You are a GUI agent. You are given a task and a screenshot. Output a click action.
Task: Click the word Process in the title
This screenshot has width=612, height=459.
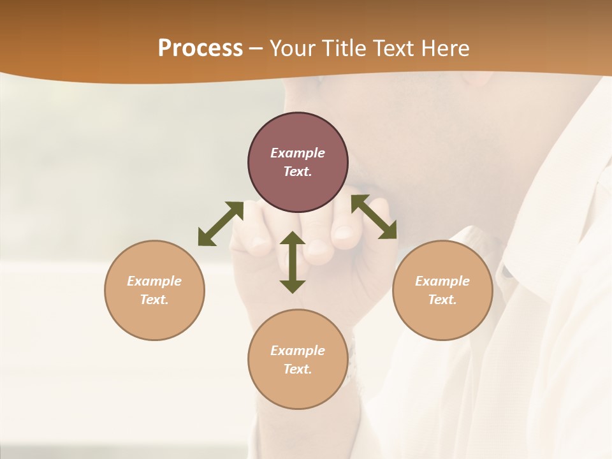200,48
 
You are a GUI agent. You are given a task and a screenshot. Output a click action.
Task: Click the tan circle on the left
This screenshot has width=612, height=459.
154,312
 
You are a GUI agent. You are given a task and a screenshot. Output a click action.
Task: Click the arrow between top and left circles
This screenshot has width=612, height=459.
221,224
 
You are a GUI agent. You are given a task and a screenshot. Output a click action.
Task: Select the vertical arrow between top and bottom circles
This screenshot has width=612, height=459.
293,262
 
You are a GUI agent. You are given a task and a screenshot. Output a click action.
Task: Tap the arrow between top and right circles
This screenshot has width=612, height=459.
374,217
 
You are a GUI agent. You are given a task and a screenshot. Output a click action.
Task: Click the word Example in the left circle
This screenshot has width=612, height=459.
154,281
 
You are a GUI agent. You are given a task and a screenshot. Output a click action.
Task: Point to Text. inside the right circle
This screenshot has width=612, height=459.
442,300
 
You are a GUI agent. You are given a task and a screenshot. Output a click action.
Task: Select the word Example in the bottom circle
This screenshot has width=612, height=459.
298,351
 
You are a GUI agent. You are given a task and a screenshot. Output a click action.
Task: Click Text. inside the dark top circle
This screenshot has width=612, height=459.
298,171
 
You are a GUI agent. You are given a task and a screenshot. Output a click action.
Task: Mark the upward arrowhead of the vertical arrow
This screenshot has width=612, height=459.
293,239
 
